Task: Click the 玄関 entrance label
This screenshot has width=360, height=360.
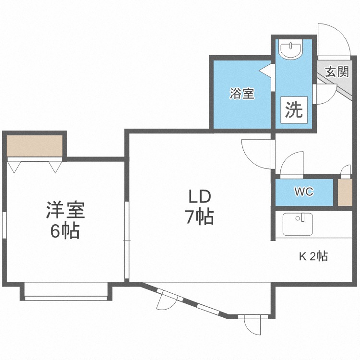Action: click(337, 72)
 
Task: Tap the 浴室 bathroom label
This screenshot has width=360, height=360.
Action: click(242, 94)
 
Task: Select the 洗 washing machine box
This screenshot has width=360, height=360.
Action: click(294, 110)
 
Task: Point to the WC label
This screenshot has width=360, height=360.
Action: click(304, 192)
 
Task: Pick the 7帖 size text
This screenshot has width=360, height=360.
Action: click(200, 217)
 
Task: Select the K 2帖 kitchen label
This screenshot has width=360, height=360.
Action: click(313, 256)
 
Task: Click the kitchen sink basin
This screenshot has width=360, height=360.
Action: click(298, 224)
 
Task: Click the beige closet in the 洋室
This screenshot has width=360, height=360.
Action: click(35, 146)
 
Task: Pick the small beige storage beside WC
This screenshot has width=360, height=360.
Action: click(345, 192)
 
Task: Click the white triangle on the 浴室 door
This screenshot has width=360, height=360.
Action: click(265, 70)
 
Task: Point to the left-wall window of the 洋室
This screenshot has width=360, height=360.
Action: click(4, 225)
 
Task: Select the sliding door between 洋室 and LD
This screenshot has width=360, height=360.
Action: click(127, 240)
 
